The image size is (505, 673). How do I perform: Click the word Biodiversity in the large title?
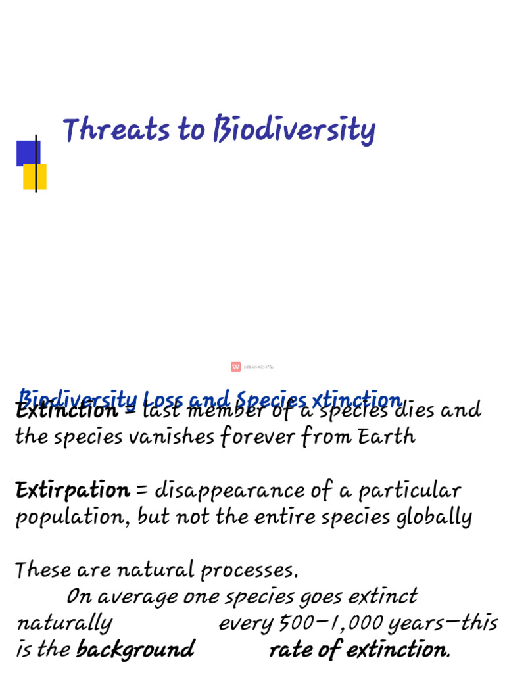point(294,130)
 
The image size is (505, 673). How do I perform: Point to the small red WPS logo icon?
point(235,367)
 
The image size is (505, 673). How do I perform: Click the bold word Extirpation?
point(72,490)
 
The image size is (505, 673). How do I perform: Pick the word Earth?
point(387,436)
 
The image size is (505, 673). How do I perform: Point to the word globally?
point(434,518)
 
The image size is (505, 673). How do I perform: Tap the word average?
point(135,597)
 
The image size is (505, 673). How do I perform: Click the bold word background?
point(135,650)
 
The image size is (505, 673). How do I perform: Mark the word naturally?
point(64,623)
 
